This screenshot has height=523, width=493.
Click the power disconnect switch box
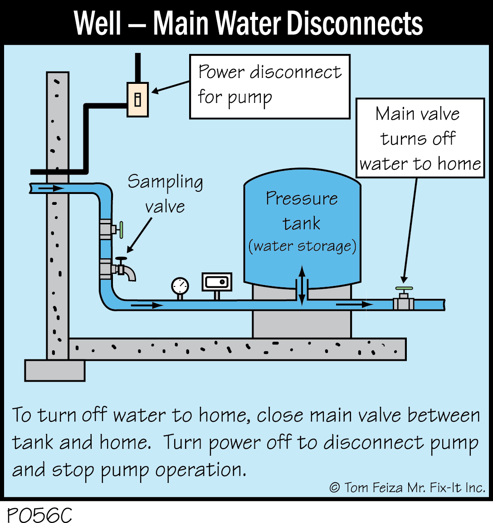coord(137,100)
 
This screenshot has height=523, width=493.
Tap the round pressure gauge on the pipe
coord(180,286)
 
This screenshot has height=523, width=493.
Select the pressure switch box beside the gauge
coord(217,282)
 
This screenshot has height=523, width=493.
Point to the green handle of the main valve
coord(404,288)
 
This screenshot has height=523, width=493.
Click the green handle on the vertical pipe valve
coord(121,230)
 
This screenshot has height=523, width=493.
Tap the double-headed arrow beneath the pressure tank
coord(302,286)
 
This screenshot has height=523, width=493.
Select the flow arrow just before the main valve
coord(354,305)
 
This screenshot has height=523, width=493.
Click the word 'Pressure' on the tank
coord(302,199)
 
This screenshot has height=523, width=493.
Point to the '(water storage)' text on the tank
coord(302,246)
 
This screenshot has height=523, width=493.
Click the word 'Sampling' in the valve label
coord(165,182)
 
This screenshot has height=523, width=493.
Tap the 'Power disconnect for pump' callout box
coord(269,87)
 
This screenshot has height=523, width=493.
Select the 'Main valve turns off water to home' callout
coord(420,138)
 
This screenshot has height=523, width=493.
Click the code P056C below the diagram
coord(40,514)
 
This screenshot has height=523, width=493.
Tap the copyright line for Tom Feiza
coord(407,488)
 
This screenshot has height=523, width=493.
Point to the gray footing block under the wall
coord(54,370)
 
